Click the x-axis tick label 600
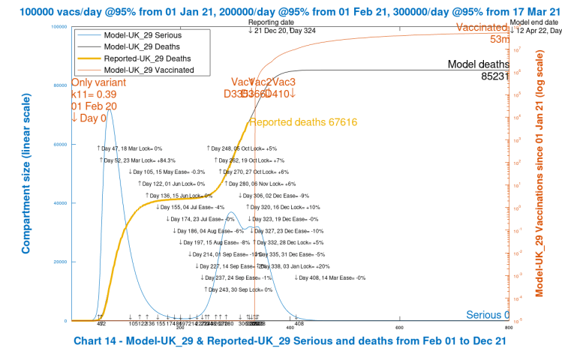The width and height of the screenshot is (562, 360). tap(399, 327)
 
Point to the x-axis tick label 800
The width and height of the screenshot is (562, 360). tap(509, 327)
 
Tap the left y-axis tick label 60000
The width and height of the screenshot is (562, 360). tap(59, 144)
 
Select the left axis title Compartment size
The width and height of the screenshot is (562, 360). tap(26, 173)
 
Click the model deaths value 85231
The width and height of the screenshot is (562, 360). tap(496, 76)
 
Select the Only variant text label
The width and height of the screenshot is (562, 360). tap(98, 82)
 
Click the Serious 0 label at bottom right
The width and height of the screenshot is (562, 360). tap(488, 315)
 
